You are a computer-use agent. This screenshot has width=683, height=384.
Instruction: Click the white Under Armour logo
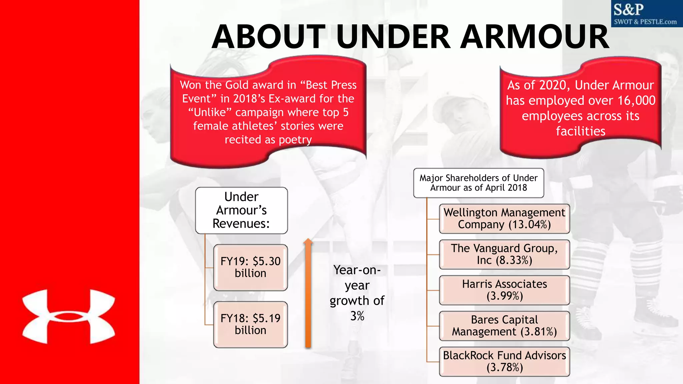point(69,317)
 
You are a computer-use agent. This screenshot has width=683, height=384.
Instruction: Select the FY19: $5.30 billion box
point(250,267)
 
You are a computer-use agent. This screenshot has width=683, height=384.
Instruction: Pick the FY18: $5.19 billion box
point(250,324)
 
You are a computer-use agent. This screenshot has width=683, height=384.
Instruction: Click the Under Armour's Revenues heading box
point(241,210)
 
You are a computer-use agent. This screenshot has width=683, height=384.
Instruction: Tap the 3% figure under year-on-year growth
point(357,316)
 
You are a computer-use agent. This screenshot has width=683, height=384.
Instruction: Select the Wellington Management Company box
point(504,219)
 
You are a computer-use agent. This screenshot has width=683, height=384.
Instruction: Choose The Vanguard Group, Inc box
point(504,254)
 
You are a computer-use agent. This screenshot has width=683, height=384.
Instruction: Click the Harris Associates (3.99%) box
point(504,290)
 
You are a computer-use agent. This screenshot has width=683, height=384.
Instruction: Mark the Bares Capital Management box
point(504,326)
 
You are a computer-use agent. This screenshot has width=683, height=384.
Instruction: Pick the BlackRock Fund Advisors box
point(504,361)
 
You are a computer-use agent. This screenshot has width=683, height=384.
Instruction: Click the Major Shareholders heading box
point(479,183)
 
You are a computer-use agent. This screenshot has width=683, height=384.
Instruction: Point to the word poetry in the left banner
point(295,140)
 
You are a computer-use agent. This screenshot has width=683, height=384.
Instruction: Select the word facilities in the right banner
point(580,131)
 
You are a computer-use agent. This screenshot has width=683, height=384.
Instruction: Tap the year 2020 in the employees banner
point(554,85)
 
